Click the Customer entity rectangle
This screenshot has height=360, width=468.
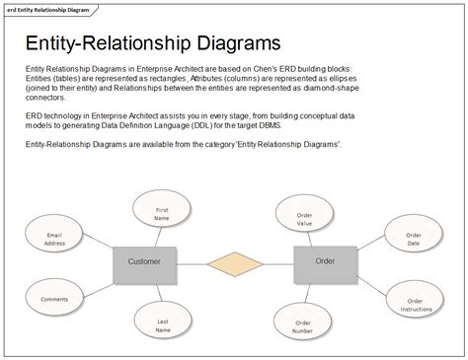144,261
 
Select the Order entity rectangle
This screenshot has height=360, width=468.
325,260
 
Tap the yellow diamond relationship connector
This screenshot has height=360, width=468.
235,261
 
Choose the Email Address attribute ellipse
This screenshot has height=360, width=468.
55,238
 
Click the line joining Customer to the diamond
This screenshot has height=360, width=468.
194,261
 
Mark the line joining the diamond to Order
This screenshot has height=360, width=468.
278,261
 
